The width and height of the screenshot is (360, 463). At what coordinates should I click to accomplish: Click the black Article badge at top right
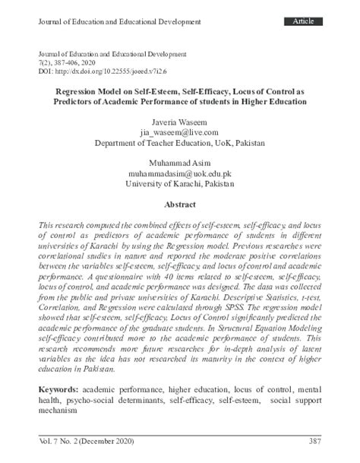point(308,21)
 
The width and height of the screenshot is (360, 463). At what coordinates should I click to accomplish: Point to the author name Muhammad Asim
point(179,163)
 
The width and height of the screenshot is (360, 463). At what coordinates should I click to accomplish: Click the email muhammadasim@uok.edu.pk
point(179,173)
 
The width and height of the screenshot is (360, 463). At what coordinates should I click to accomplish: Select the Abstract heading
point(179,205)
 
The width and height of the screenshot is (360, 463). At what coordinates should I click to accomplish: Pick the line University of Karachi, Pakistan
point(179,184)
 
